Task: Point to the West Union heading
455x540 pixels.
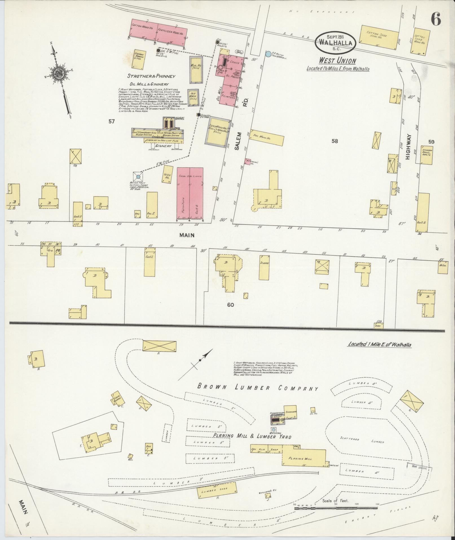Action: point(337,60)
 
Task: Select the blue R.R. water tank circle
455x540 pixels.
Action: point(268,53)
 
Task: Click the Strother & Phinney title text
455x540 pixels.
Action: point(151,76)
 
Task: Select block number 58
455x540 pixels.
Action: point(335,141)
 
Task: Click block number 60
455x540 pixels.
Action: point(231,305)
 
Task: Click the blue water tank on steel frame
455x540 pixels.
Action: point(138,177)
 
